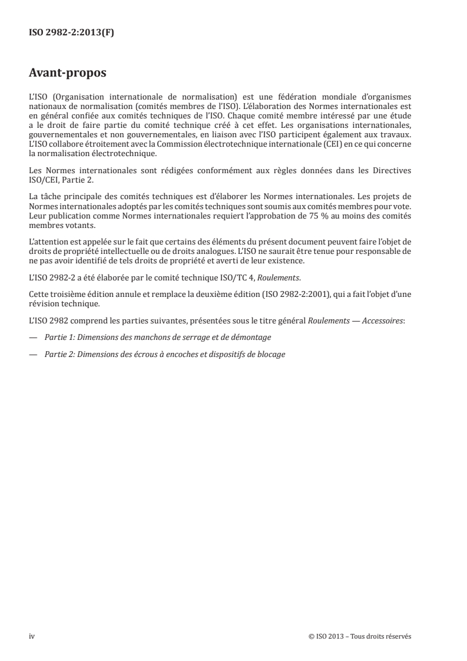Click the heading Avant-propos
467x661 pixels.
68,74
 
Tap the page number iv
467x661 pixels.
32,636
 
